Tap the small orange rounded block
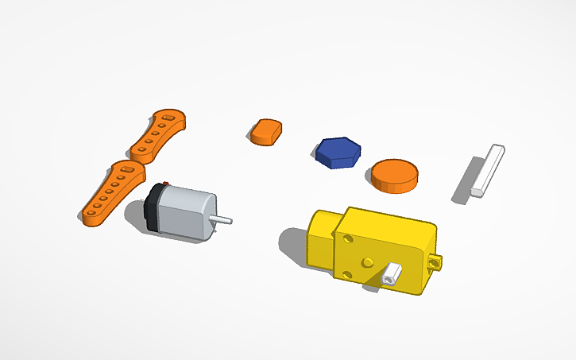pos(267,131)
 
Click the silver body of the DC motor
pos(185,212)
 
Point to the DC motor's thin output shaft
pos(224,219)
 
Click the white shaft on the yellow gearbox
pos(391,277)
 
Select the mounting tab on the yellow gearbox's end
pos(435,261)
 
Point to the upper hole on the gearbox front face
pos(347,238)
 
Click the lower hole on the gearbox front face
pos(346,274)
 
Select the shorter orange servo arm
pos(159,133)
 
